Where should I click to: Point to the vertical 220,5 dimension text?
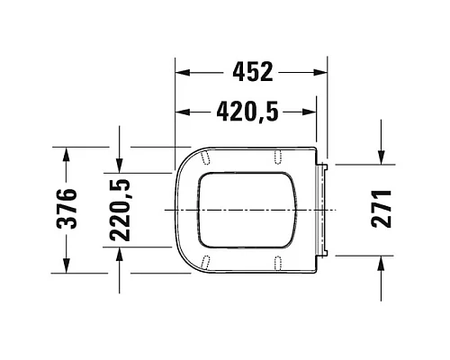(x=120, y=211)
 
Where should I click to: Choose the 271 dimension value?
(x=382, y=209)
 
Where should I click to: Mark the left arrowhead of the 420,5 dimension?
(x=179, y=112)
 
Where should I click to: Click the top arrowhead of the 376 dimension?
(x=65, y=151)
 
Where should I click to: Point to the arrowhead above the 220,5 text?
(x=120, y=165)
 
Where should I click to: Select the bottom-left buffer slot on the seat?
(x=208, y=263)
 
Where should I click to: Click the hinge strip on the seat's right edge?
(x=326, y=209)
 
